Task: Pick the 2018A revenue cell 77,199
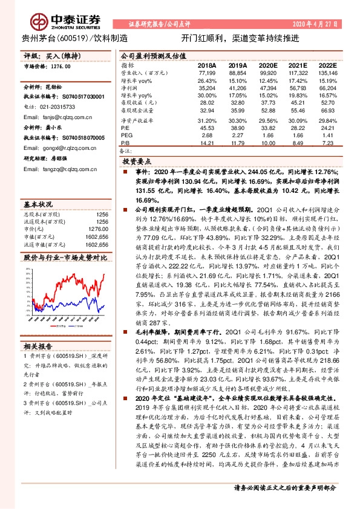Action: [x=206, y=72]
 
